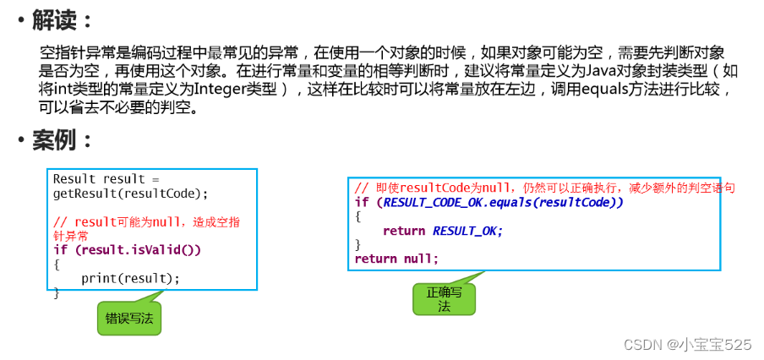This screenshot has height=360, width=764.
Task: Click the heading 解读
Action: (62, 19)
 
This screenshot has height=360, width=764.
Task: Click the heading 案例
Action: (62, 139)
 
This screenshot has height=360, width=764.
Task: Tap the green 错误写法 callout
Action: (129, 318)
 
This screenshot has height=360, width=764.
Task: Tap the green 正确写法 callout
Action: (444, 298)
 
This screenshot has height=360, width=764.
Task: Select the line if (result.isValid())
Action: (127, 250)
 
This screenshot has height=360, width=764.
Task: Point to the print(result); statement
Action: (130, 278)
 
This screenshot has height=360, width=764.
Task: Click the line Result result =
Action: (106, 179)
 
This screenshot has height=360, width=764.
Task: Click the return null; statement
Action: (396, 258)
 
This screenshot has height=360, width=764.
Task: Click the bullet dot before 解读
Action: (19, 20)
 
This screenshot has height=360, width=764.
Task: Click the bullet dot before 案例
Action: (19, 140)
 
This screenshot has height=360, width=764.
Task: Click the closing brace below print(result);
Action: (57, 292)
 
